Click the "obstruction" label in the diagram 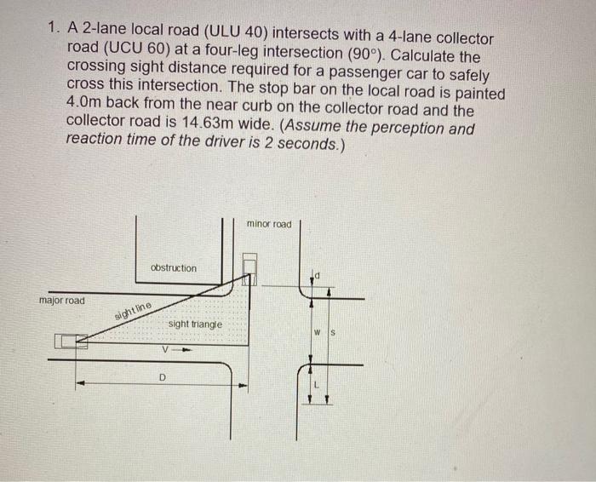[173, 268]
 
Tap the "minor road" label [268, 224]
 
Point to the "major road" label [62, 301]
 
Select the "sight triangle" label [194, 324]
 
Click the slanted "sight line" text [133, 311]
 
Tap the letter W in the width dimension [316, 332]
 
